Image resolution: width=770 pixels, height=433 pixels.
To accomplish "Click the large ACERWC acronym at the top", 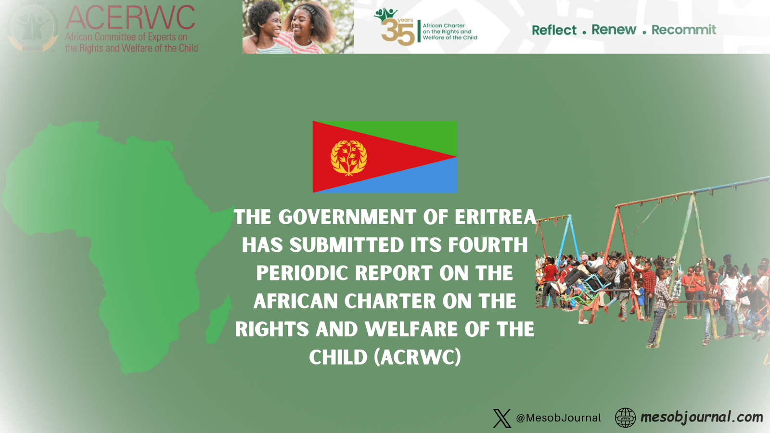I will (130, 18).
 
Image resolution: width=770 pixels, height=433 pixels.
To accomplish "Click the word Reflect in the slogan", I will (554, 30).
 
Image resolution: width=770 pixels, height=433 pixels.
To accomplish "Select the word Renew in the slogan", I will (614, 30).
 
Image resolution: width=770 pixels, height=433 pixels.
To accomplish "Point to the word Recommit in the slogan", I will (683, 30).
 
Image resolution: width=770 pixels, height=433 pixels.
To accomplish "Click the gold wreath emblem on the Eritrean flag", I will (348, 157).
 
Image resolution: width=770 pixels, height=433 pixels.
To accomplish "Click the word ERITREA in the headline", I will (495, 217).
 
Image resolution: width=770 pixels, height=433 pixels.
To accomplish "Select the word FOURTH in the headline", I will (488, 245).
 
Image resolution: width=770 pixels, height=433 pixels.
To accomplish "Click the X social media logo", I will (502, 418).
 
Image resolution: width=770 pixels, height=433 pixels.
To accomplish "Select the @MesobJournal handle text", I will (558, 418).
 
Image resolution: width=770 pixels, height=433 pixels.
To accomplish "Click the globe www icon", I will (625, 418).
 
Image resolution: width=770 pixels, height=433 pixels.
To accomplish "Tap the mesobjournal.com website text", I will (701, 417).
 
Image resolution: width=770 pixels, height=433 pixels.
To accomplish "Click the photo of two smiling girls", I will (298, 27).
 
